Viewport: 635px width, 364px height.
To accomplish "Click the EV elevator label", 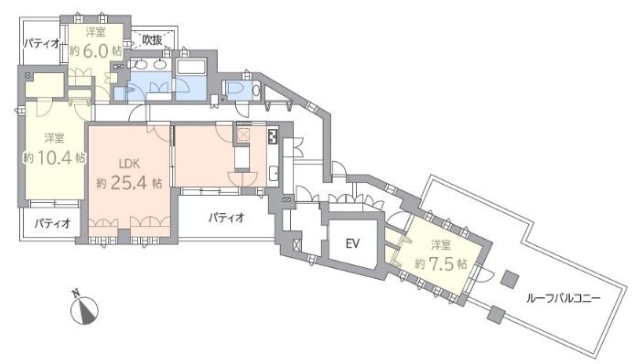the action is pyautogui.click(x=352, y=243).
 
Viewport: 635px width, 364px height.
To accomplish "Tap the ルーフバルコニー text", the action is pyautogui.click(x=563, y=299).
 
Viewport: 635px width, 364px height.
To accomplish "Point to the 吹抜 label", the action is pyautogui.click(x=152, y=39).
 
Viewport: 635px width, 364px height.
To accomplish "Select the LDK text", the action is pyautogui.click(x=129, y=164).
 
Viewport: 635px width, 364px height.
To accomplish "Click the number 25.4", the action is pyautogui.click(x=128, y=184).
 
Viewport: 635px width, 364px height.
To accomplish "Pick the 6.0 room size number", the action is pyautogui.click(x=95, y=51).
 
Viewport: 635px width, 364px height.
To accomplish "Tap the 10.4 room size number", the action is pyautogui.click(x=54, y=157).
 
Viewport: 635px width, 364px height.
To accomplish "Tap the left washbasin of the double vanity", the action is pyautogui.click(x=141, y=64).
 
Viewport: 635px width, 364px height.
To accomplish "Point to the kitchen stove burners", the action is pyautogui.click(x=272, y=136).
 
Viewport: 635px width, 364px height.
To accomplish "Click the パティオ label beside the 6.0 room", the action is pyautogui.click(x=41, y=43).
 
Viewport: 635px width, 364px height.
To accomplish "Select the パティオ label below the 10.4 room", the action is pyautogui.click(x=52, y=222).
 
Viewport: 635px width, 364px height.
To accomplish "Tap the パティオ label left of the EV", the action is pyautogui.click(x=226, y=218).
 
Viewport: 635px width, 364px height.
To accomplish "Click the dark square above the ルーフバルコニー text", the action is pyautogui.click(x=510, y=279).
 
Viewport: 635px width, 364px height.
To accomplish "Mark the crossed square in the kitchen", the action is pyautogui.click(x=243, y=135).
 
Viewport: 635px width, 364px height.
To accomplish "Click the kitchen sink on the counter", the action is pyautogui.click(x=274, y=174).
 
